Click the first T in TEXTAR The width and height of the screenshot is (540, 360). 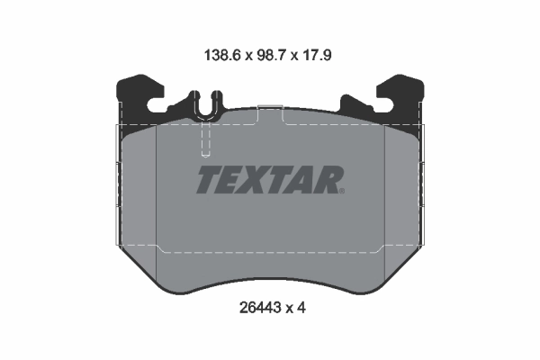[208, 179]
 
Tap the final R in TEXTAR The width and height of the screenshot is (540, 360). [326, 179]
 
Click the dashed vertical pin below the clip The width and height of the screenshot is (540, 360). [206, 140]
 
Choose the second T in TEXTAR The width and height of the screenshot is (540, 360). [279, 179]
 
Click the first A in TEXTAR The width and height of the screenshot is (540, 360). [301, 179]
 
